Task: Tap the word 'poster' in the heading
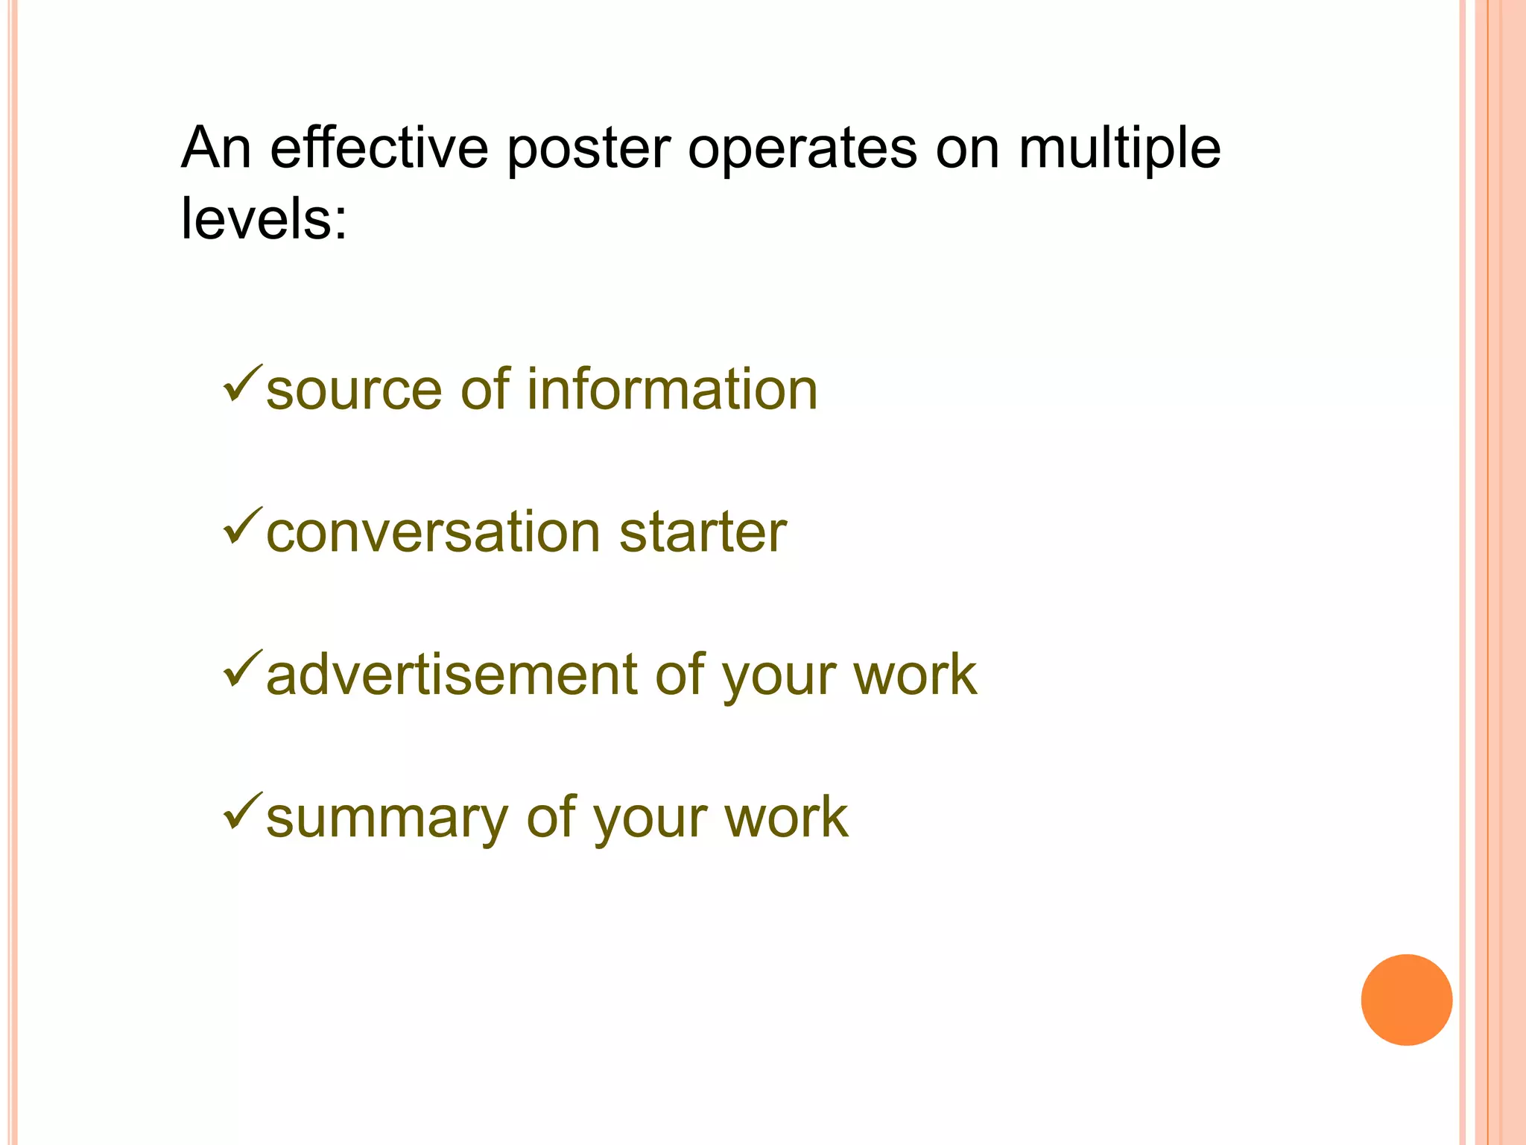point(589,149)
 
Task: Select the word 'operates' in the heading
point(802,149)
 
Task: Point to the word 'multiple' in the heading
point(1119,149)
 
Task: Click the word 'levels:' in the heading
point(264,218)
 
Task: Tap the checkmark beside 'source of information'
point(242,384)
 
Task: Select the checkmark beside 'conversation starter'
point(242,526)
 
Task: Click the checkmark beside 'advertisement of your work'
point(242,669)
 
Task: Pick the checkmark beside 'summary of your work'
point(242,811)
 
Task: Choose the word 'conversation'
point(433,532)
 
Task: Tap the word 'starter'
point(703,532)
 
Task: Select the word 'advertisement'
point(451,675)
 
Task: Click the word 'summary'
point(386,818)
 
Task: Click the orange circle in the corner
point(1406,1000)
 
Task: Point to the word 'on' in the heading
point(966,149)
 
